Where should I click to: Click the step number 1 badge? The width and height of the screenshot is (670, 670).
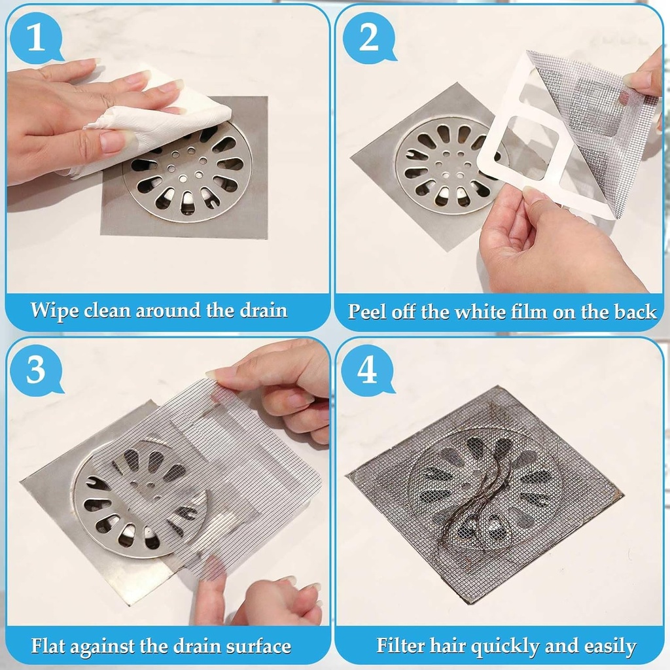[36, 39]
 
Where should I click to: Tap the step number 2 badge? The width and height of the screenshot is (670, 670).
[368, 39]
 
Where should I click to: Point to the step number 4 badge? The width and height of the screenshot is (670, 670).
[367, 371]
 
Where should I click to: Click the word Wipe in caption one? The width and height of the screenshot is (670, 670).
[54, 309]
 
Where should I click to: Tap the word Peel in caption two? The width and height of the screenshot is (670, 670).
[368, 311]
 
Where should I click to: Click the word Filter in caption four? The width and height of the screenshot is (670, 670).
[400, 646]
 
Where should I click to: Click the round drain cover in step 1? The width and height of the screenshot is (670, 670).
[186, 173]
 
